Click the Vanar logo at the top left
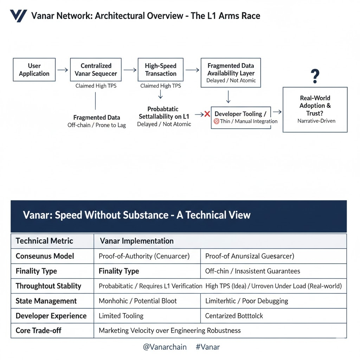pos(18,16)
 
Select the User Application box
pos(34,70)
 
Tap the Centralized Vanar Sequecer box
pos(96,70)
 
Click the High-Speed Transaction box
pos(161,70)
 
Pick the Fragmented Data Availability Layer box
pos(231,73)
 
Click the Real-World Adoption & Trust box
pos(315,109)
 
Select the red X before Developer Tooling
pos(207,114)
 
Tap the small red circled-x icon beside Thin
pos(216,121)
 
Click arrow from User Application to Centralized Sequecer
pos(63,70)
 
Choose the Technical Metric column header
pos(44,241)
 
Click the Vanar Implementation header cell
pos(137,241)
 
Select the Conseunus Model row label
pos(45,256)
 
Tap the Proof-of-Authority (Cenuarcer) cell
pos(144,256)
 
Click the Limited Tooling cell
pos(121,316)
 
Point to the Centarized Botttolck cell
pos(234,316)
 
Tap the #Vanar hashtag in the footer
pos(207,347)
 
